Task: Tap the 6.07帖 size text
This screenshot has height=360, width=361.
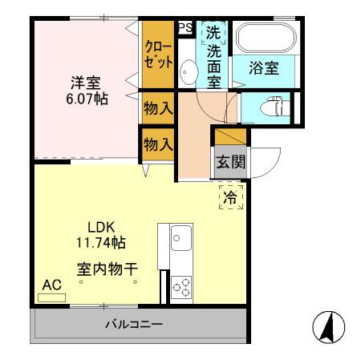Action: [x=84, y=98]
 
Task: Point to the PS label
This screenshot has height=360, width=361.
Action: [x=185, y=27]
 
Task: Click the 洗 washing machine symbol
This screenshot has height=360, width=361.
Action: [x=213, y=34]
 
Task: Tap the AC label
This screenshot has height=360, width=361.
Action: [x=51, y=285]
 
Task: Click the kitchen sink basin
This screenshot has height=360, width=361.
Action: [x=180, y=238]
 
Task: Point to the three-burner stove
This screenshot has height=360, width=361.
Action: [x=180, y=285]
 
